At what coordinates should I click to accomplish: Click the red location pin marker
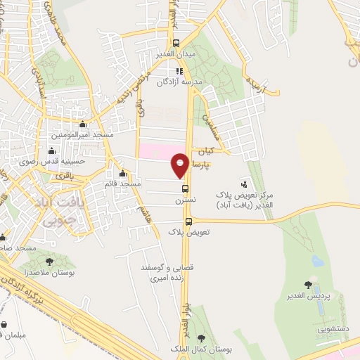[x=180, y=165]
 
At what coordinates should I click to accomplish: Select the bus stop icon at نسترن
[x=186, y=188]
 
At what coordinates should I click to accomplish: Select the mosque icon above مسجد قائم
[x=122, y=174]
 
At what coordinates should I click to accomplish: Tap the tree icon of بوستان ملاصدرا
[x=49, y=262]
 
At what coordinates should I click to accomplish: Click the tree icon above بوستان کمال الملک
[x=202, y=338]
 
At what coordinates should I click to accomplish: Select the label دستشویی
[x=332, y=327]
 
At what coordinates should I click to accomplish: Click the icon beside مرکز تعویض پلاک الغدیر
[x=245, y=183]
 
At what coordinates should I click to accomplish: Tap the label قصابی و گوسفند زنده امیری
[x=157, y=274]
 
